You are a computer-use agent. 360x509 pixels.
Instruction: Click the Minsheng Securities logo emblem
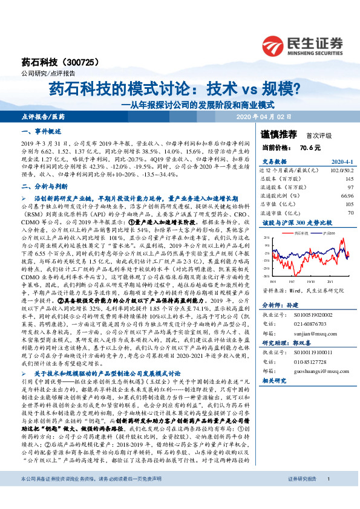click(x=275, y=46)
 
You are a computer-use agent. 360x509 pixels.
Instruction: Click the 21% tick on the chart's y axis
click(x=264, y=238)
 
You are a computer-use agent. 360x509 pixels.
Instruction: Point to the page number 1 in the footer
click(x=327, y=496)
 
